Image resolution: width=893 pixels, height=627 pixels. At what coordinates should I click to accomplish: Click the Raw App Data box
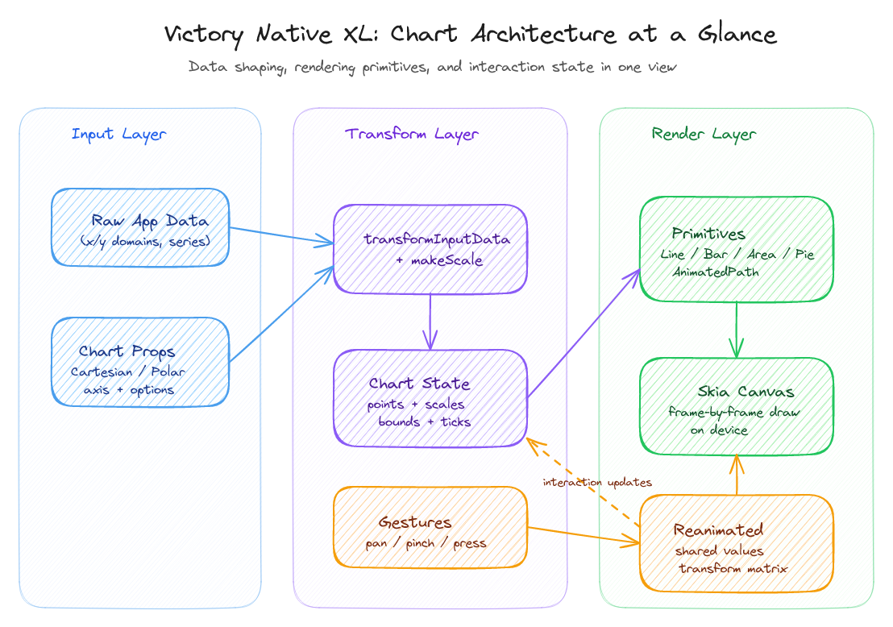140,227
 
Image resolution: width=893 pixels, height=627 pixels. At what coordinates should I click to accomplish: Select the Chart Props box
140,361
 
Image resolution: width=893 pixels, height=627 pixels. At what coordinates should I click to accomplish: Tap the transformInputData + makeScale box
430,248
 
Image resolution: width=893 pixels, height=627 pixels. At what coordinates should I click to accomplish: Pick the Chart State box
430,397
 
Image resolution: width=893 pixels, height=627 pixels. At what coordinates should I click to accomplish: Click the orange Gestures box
430,526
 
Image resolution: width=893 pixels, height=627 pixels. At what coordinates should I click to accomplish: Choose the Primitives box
736,249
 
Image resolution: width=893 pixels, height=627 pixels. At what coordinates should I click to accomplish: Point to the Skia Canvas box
736,405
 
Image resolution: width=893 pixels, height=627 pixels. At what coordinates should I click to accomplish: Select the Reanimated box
736,543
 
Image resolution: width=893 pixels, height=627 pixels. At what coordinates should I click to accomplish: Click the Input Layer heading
118,135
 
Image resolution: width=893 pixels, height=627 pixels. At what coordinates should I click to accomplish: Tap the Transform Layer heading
412,135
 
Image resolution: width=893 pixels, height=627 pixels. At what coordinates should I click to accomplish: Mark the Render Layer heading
704,135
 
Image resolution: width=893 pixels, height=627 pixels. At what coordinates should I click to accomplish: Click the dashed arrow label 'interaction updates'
597,483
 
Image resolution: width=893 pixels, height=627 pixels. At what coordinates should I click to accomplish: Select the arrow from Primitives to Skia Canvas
736,329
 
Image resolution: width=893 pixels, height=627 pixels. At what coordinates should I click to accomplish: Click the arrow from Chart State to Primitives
584,333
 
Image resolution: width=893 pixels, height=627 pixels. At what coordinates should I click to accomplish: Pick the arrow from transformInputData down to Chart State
430,321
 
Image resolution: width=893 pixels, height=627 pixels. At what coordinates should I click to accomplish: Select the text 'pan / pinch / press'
426,543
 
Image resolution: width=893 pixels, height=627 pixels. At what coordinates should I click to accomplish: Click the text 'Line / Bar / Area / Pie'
737,255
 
